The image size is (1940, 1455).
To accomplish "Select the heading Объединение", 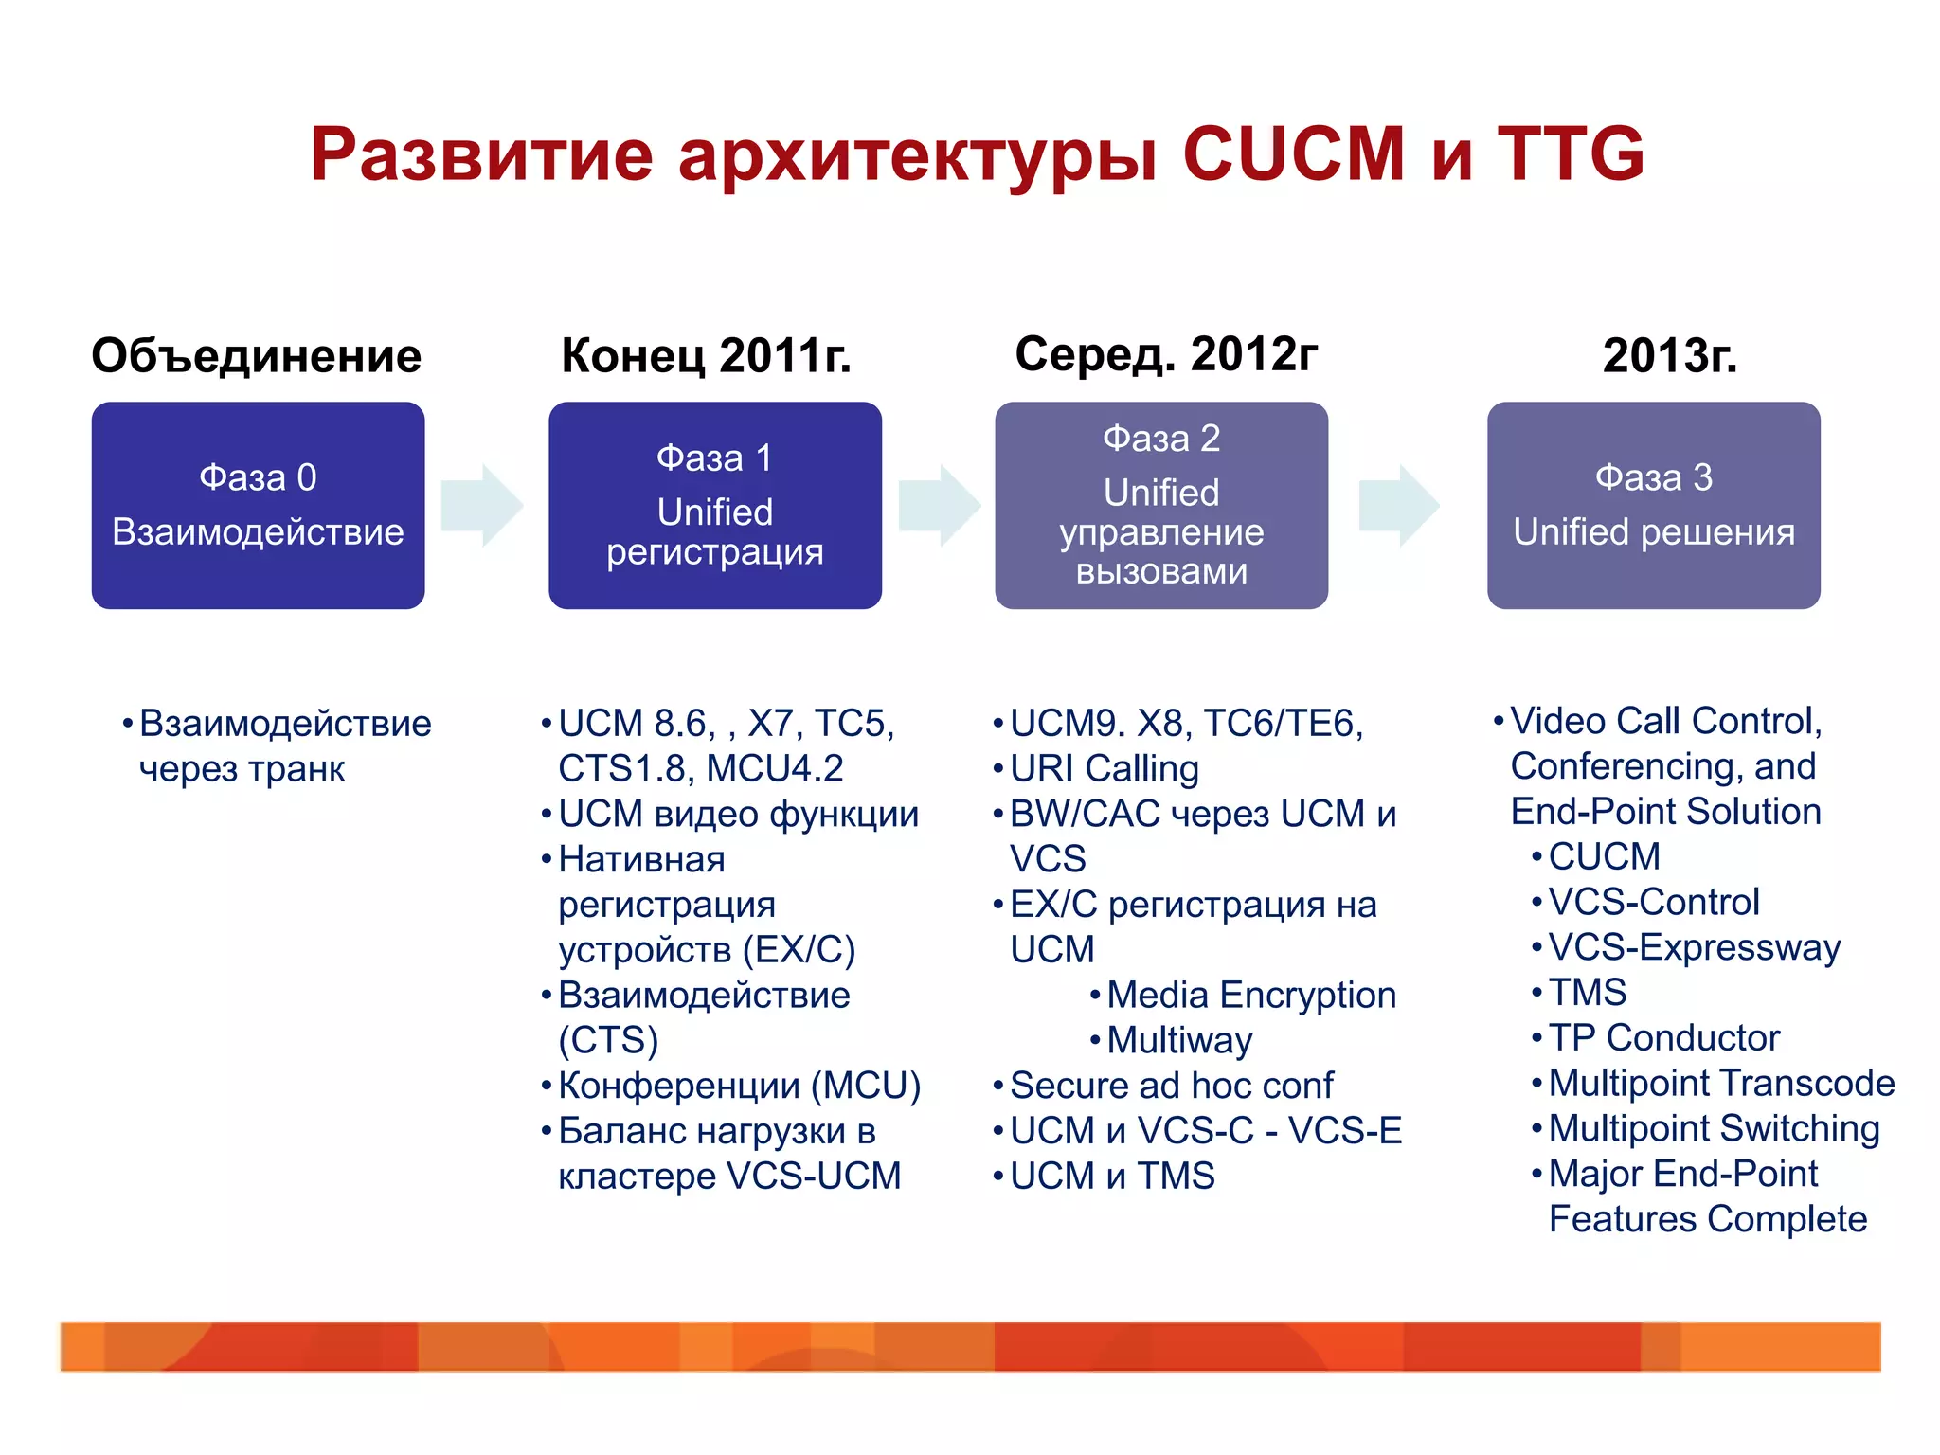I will tap(256, 356).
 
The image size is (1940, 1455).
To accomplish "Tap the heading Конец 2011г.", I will tap(706, 356).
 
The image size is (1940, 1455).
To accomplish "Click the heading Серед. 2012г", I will tap(1165, 355).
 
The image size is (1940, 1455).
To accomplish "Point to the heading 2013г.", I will tap(1669, 356).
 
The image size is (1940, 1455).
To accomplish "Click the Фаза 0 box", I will tap(258, 505).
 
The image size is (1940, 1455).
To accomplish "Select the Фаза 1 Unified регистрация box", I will tap(715, 505).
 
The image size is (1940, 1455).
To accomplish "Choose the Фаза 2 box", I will tap(1161, 505).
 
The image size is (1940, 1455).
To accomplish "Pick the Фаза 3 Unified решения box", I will tap(1653, 505).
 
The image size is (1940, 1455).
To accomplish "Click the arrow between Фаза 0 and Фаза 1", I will tap(482, 505).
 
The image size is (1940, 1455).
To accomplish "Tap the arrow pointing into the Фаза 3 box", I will tap(1399, 505).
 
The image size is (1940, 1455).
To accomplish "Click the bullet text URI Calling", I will tap(1105, 768).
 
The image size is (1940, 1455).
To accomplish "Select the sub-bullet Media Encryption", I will tap(1250, 995).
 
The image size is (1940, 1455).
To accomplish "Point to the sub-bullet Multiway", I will tap(1179, 1040).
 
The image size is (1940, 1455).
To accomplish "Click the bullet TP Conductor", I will tap(1664, 1037).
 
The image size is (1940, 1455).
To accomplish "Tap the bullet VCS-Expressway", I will tap(1694, 947).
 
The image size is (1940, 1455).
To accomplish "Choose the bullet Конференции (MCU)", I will tap(739, 1086).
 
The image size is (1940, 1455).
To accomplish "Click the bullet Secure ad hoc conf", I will tap(1171, 1086).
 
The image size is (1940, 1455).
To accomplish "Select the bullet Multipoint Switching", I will tap(1713, 1128).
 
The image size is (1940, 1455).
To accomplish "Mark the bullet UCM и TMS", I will tap(1112, 1176).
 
